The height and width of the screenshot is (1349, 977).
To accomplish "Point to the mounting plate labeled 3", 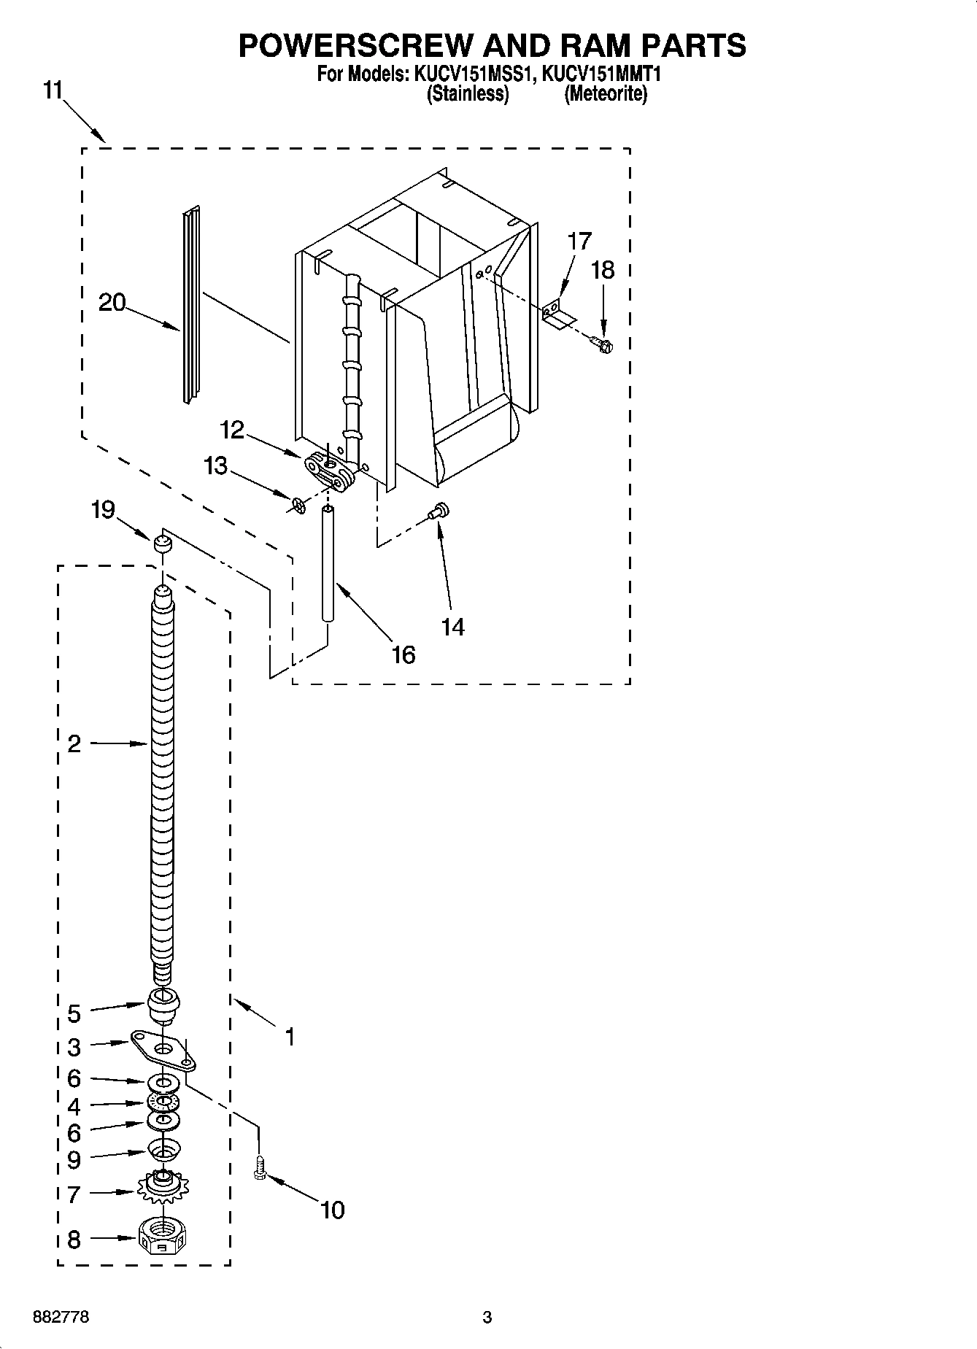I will pos(163,1050).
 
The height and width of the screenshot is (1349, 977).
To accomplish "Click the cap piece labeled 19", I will pos(162,543).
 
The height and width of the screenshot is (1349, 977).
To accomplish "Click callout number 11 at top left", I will pos(53,91).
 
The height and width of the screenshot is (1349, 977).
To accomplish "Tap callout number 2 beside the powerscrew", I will pos(74,744).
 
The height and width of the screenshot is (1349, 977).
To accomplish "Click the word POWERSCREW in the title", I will pos(354,45).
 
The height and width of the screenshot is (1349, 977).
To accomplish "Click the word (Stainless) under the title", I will pos(467,93).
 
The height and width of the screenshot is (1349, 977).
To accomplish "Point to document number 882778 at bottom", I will pos(62,1317).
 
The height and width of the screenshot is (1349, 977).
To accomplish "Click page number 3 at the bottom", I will pos(487,1317).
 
